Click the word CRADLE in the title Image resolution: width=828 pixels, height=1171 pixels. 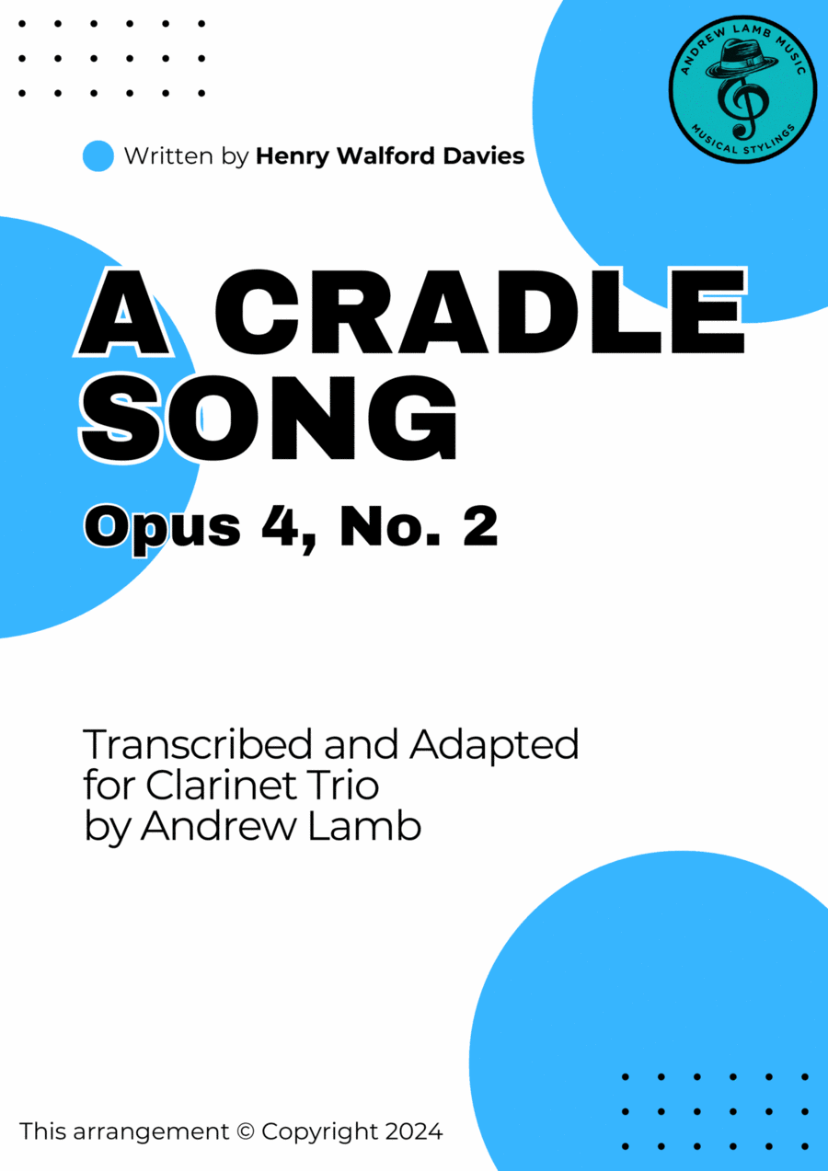pyautogui.click(x=480, y=312)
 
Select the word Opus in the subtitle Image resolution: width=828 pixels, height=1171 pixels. pyautogui.click(x=163, y=529)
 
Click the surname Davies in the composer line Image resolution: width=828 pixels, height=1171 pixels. pyautogui.click(x=484, y=155)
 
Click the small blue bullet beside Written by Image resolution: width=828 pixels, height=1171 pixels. pyautogui.click(x=98, y=155)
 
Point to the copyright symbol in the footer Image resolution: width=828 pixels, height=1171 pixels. pyautogui.click(x=245, y=1131)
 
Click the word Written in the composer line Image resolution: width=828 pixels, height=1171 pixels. pyautogui.click(x=169, y=155)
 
